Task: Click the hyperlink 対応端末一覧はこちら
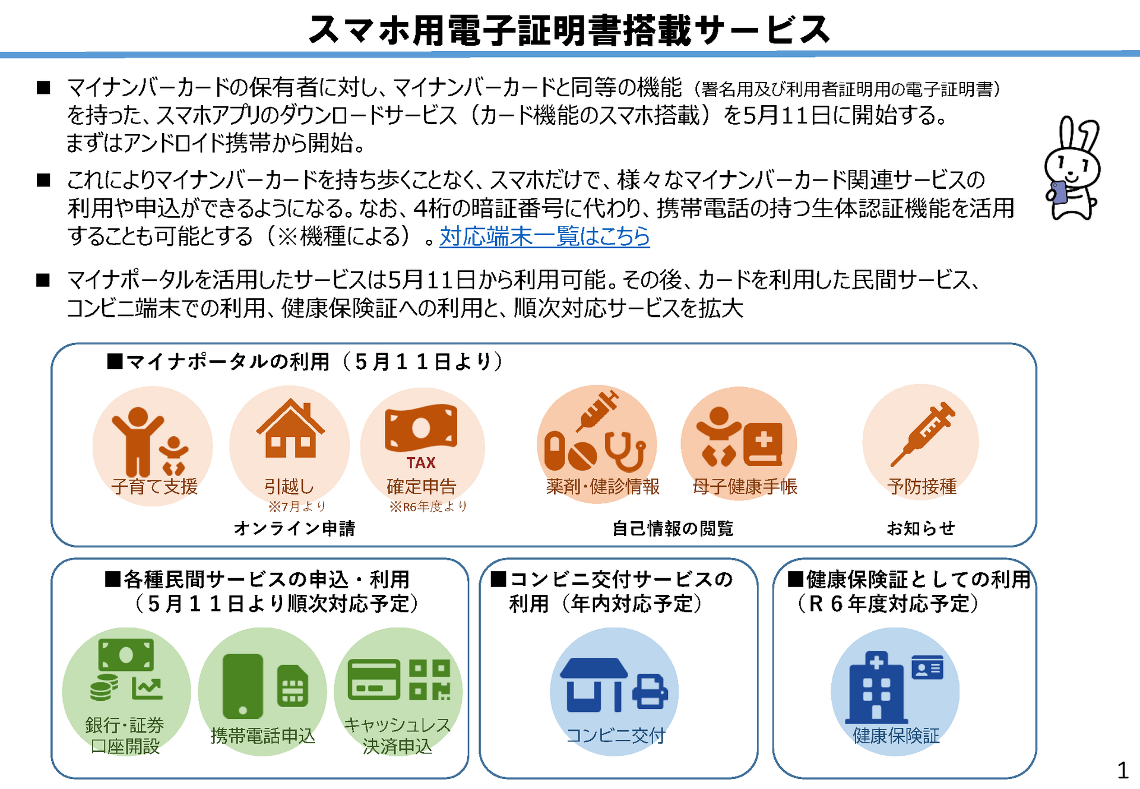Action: pyautogui.click(x=544, y=236)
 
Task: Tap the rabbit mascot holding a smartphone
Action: pyautogui.click(x=1071, y=169)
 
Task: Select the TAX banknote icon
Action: pyautogui.click(x=421, y=429)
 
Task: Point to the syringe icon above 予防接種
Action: pyautogui.click(x=923, y=433)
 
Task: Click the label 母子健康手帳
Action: pyautogui.click(x=745, y=487)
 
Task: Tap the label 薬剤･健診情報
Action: pyautogui.click(x=603, y=487)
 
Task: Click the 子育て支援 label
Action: pyautogui.click(x=154, y=487)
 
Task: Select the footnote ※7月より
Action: pyautogui.click(x=297, y=506)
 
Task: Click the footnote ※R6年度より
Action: pyautogui.click(x=428, y=506)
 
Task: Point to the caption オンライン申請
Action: pyautogui.click(x=294, y=528)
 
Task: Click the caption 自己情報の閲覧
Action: pyautogui.click(x=673, y=528)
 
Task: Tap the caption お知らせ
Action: pyautogui.click(x=921, y=528)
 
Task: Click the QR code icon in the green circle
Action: pyautogui.click(x=429, y=680)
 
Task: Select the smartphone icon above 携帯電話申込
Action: pyautogui.click(x=242, y=686)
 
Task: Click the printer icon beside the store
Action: pyautogui.click(x=650, y=692)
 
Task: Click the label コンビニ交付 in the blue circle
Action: pyautogui.click(x=616, y=736)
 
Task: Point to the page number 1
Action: pyautogui.click(x=1122, y=771)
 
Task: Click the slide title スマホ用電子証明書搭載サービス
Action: pyautogui.click(x=569, y=30)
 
